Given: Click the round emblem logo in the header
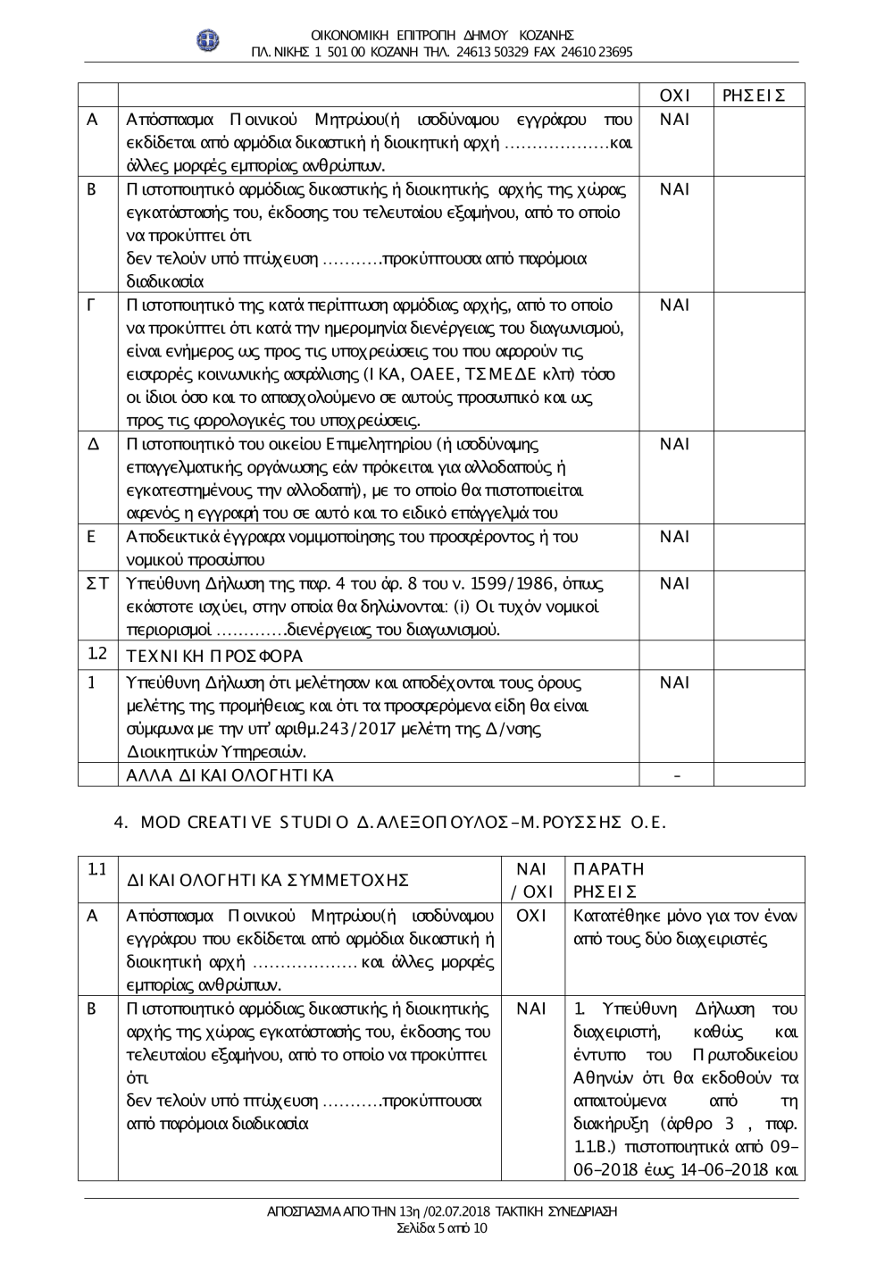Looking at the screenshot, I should tap(208, 40).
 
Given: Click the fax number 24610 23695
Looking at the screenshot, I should tap(597, 52).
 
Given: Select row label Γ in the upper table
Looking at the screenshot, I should tap(92, 306).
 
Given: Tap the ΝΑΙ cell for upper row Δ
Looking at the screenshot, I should tap(675, 444).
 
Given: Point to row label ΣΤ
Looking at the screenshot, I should tap(96, 583).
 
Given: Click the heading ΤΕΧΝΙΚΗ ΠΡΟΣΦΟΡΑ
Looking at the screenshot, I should tap(215, 656).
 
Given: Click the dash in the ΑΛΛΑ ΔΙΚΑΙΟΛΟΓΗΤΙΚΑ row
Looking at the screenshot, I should tap(676, 775).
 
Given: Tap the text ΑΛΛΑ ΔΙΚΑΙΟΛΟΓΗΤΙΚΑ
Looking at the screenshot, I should tap(230, 775).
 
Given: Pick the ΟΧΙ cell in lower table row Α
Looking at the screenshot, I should tap(531, 916).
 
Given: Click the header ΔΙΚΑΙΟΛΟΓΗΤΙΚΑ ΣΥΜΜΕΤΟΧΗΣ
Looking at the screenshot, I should tap(268, 880).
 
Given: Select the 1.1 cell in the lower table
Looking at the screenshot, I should tap(97, 869).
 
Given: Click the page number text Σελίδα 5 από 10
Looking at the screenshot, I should tap(442, 1228).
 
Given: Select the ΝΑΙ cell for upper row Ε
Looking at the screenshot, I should tap(675, 537).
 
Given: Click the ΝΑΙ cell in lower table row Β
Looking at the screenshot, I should tap(531, 1009).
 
